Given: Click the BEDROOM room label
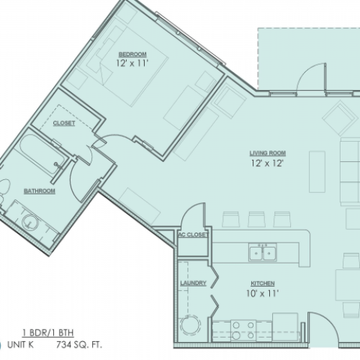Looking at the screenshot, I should click(133, 55).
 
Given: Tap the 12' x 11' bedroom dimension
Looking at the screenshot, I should click(132, 64).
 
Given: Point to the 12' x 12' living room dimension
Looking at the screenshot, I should click(264, 163).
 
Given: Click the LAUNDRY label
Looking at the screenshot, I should click(194, 284).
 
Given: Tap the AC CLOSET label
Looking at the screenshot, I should click(193, 235).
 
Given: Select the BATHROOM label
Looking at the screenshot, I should click(40, 191).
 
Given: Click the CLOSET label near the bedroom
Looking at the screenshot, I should click(64, 123).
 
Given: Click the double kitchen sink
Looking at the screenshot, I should click(264, 253).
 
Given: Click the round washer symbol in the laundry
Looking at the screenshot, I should click(192, 325).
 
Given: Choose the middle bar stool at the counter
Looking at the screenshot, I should click(256, 219).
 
